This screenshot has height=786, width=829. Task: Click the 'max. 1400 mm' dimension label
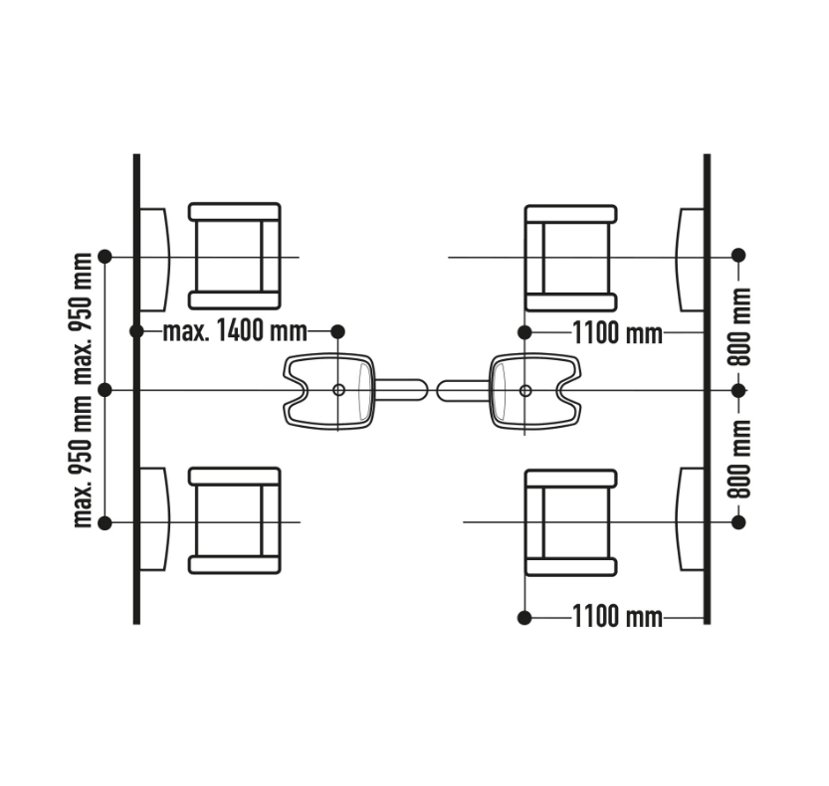pos(235,331)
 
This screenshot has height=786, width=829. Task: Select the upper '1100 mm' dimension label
pos(617,333)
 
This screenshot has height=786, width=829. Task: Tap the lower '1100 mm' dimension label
pos(617,617)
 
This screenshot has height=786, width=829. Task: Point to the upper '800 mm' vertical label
pos(739,326)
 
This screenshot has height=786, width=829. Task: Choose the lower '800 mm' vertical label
pos(739,459)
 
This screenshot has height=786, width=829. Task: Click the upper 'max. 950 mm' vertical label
pos(83,318)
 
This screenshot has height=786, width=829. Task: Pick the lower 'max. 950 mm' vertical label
pos(83,462)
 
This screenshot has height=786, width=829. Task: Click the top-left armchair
pos(234,257)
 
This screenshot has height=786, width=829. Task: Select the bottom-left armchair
pos(234,520)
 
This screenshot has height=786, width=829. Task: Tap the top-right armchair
pos(571,259)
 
